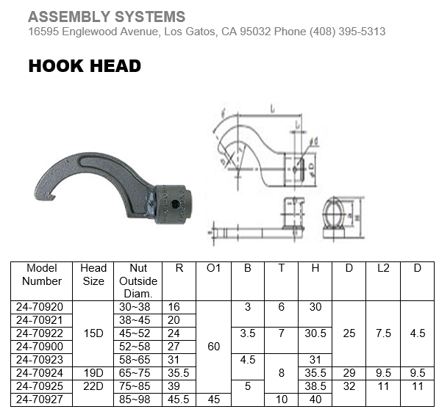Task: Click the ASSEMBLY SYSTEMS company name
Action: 107,16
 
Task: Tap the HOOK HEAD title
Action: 85,66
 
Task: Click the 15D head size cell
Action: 93,333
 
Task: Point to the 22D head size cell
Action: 93,386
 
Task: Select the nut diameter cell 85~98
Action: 138,400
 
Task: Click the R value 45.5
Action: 179,400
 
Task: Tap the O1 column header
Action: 214,268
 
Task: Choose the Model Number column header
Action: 42,274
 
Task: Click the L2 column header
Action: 383,268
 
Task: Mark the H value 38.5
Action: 315,386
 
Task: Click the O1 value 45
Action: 214,400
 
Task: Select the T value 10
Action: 281,400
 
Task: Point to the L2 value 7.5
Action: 383,333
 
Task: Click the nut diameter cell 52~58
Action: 138,346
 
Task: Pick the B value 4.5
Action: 248,359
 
